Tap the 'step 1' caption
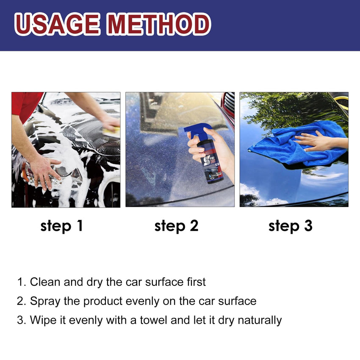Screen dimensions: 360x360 tap(62, 226)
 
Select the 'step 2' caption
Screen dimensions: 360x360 tap(176, 226)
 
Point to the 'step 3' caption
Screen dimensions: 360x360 tap(290, 226)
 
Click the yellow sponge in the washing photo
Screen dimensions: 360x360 tap(111, 131)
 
